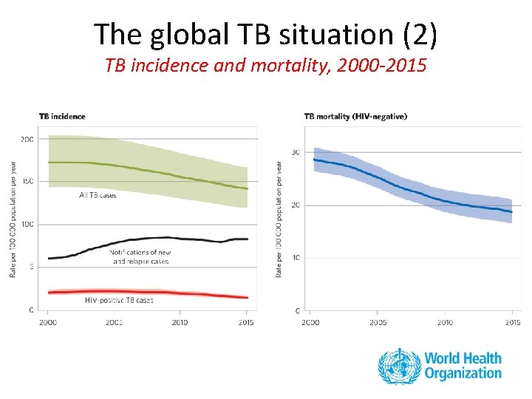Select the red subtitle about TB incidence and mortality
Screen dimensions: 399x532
[x=265, y=66]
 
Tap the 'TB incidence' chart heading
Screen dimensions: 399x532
[x=62, y=116]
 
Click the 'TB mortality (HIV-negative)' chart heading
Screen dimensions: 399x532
[x=355, y=116]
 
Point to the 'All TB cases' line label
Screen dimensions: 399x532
[x=98, y=195]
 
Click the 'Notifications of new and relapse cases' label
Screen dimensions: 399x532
[x=140, y=256]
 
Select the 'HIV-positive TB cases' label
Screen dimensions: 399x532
[x=119, y=300]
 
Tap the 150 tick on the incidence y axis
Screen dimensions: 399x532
[x=27, y=182]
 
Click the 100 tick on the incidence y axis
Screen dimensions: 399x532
[x=27, y=224]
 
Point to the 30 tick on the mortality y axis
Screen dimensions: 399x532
[x=296, y=152]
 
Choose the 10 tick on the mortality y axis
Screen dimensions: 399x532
[x=296, y=258]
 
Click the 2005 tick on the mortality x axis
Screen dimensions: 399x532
[x=377, y=322]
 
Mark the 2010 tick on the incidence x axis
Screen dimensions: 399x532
[x=180, y=322]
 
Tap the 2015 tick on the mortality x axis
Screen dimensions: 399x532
[x=512, y=322]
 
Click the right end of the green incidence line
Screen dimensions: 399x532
[x=248, y=189]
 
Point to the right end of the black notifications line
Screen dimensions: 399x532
[x=248, y=239]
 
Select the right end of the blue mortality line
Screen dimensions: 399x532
[x=511, y=212]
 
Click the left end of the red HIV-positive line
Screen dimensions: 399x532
[x=49, y=293]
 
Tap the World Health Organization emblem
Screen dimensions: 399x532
[x=399, y=366]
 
